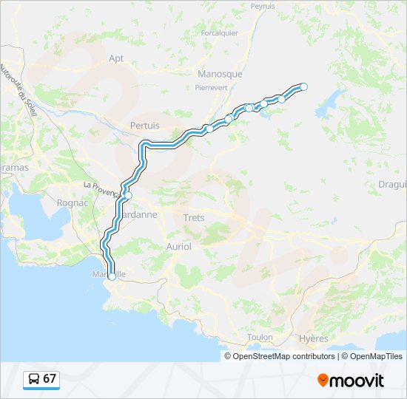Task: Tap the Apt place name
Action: (116, 58)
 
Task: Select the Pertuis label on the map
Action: (144, 126)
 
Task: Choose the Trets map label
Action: (194, 217)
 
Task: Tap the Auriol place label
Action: (179, 247)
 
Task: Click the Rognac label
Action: (73, 203)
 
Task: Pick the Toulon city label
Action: (260, 337)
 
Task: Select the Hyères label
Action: (314, 338)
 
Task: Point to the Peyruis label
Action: (262, 6)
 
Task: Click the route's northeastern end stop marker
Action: (303, 86)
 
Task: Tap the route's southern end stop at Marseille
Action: (112, 277)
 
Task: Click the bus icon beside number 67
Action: (34, 379)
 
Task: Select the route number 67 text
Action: (50, 379)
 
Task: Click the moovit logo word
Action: (357, 381)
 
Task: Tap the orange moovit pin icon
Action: (323, 381)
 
